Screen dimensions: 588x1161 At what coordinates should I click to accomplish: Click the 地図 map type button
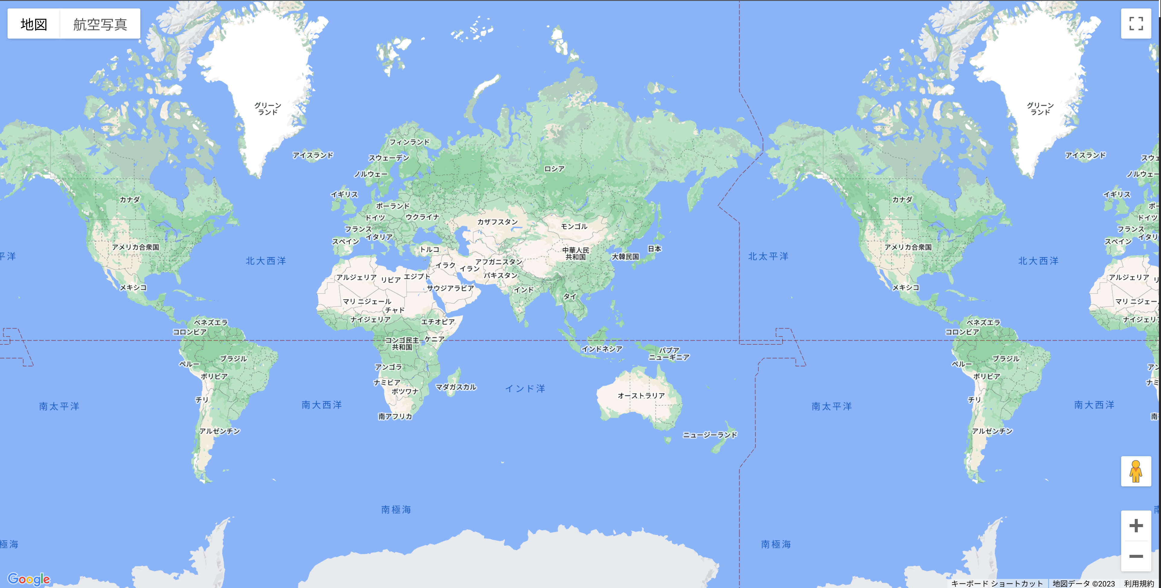tap(34, 24)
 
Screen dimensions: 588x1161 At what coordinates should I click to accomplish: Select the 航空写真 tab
tap(100, 24)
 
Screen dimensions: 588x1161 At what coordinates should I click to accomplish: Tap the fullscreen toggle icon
tap(1136, 24)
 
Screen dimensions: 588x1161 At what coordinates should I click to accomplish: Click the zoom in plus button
tap(1136, 525)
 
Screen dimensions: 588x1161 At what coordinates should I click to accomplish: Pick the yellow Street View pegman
tap(1136, 471)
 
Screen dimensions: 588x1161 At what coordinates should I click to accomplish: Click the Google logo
tap(29, 579)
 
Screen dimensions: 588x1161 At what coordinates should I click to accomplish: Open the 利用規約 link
tap(1139, 583)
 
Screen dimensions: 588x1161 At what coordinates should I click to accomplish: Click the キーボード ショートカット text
tap(997, 583)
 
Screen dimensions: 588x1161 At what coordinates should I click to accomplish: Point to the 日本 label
tap(654, 248)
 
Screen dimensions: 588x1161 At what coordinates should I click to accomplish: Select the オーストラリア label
tap(641, 396)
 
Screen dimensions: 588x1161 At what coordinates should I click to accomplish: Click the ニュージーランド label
tap(710, 435)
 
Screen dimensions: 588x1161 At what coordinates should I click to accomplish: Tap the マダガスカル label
tap(456, 387)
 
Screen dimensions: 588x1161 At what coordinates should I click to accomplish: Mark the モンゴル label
tap(574, 226)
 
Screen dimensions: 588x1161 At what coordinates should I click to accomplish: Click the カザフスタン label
tap(498, 222)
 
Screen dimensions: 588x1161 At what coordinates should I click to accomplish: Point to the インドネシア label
tap(602, 349)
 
